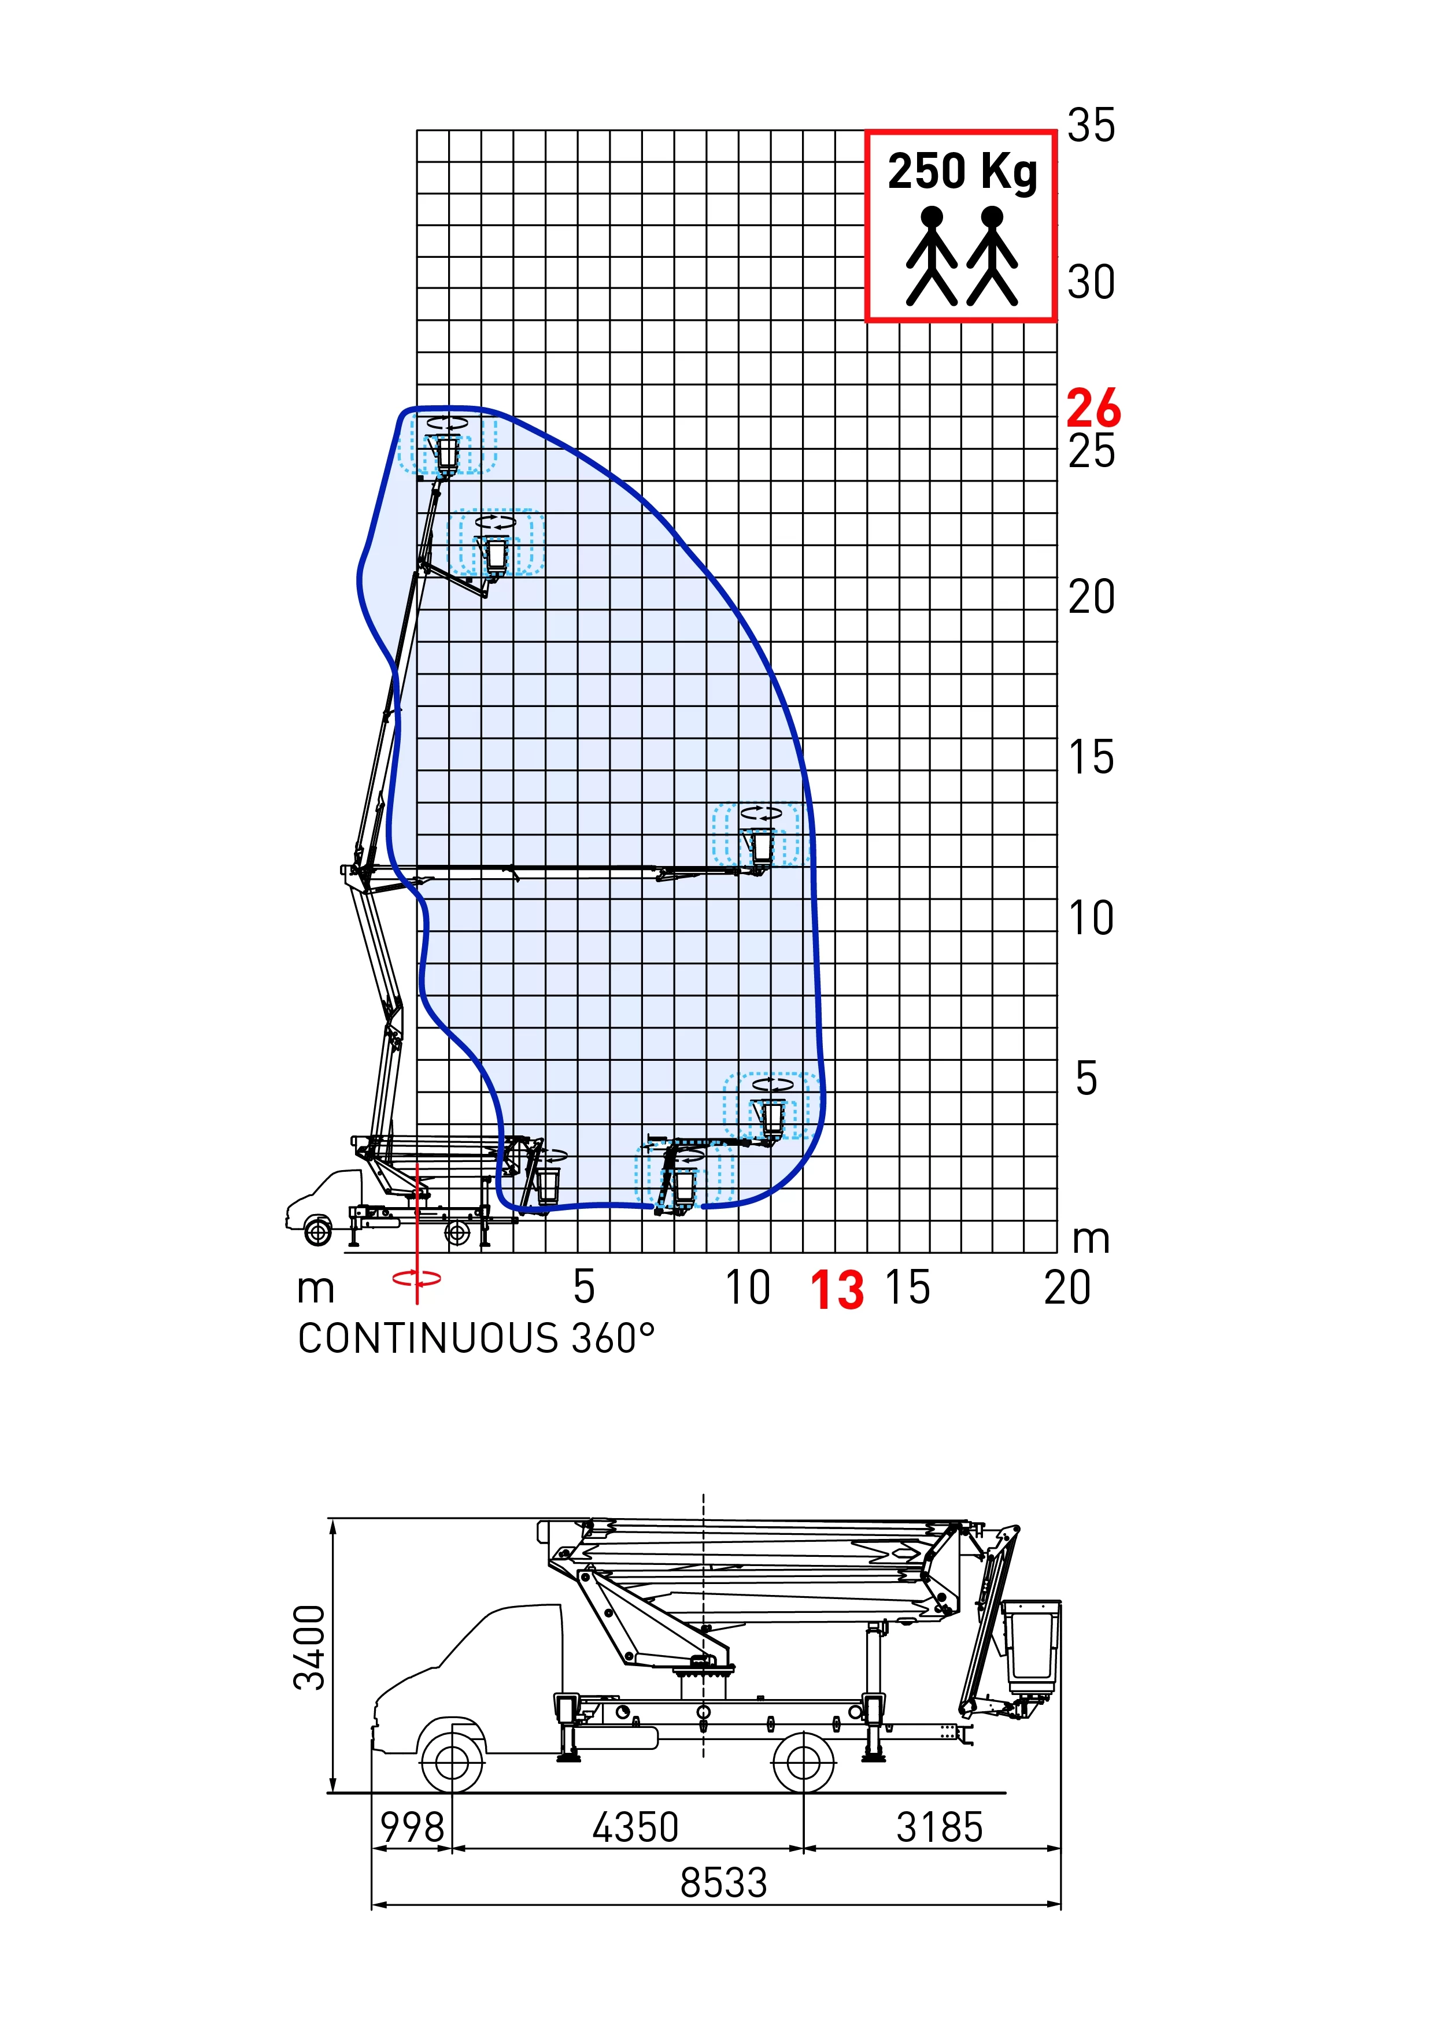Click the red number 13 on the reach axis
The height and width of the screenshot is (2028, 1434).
click(837, 1290)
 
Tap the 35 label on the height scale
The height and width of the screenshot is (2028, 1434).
click(1091, 125)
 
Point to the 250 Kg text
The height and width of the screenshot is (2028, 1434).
click(962, 172)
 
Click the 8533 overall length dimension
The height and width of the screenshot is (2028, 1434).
click(723, 1882)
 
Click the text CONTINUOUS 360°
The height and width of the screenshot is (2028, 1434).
click(476, 1338)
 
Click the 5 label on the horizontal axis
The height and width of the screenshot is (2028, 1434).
click(583, 1287)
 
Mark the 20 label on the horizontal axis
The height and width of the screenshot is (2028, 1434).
click(1067, 1287)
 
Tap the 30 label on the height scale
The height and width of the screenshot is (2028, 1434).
click(1091, 283)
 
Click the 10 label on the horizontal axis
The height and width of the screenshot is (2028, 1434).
click(748, 1287)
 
